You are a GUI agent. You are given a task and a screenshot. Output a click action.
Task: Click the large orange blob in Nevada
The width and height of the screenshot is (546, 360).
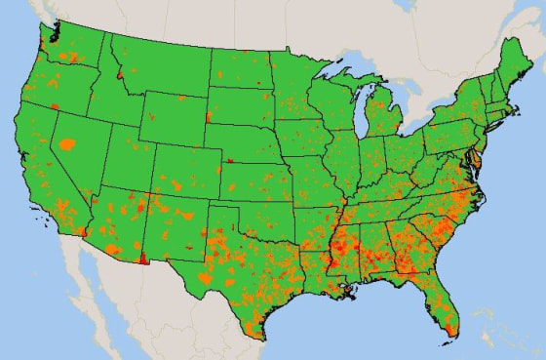point(67,145)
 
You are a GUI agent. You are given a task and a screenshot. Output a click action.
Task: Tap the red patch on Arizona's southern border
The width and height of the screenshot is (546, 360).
point(144,260)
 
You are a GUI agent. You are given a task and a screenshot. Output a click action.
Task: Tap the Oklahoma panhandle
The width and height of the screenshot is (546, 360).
point(226,201)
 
